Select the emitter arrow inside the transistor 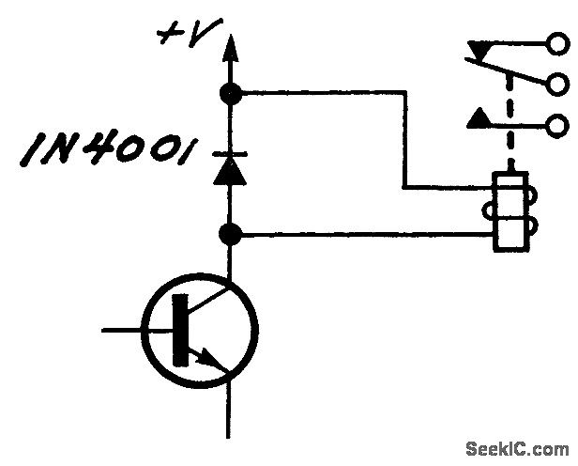(214, 361)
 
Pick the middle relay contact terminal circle (560, 85)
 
